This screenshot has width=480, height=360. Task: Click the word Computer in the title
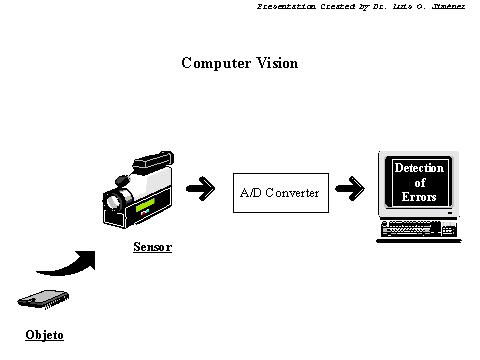pyautogui.click(x=216, y=63)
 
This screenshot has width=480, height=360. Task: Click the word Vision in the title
pyautogui.click(x=277, y=63)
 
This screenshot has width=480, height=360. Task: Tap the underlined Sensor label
pyautogui.click(x=152, y=247)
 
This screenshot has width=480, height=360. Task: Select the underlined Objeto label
pyautogui.click(x=44, y=335)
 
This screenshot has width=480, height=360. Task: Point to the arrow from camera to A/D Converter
pyautogui.click(x=200, y=189)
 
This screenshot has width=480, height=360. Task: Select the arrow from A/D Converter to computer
pyautogui.click(x=350, y=189)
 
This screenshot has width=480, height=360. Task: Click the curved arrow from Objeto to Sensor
pyautogui.click(x=72, y=266)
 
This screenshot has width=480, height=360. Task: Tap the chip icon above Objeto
pyautogui.click(x=43, y=299)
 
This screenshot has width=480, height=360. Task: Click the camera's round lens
pyautogui.click(x=113, y=201)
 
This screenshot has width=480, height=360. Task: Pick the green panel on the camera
pyautogui.click(x=145, y=204)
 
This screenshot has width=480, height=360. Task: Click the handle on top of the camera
pyautogui.click(x=154, y=161)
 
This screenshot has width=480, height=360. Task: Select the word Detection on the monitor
pyautogui.click(x=419, y=168)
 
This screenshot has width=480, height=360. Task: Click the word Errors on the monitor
pyautogui.click(x=419, y=197)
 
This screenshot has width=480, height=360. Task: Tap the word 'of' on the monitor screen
pyautogui.click(x=420, y=182)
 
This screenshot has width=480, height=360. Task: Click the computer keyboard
pyautogui.click(x=419, y=229)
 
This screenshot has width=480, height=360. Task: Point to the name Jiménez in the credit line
pyautogui.click(x=448, y=6)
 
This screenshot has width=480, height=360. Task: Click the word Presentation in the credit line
pyautogui.click(x=286, y=6)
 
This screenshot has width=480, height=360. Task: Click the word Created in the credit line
pyautogui.click(x=338, y=6)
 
